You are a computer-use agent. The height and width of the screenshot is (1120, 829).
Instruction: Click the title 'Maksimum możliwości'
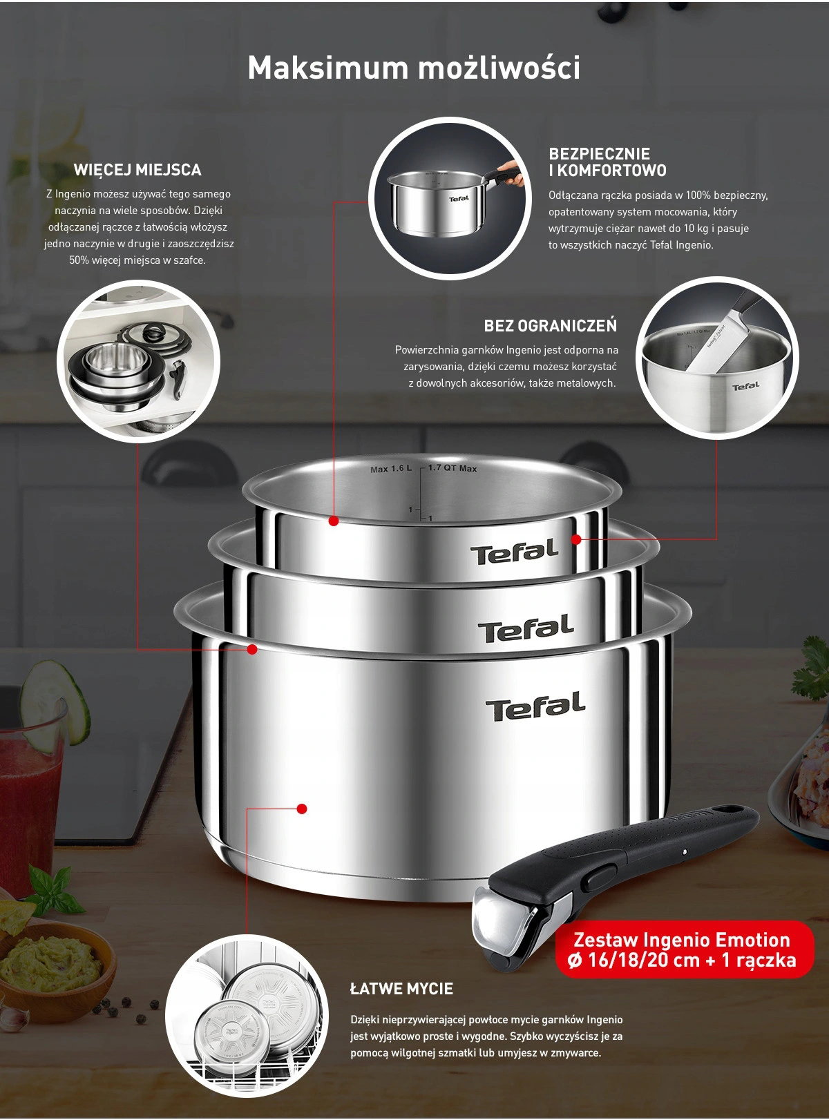tap(414, 68)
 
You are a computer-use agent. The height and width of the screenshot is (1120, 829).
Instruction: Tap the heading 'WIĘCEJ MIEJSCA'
tap(137, 170)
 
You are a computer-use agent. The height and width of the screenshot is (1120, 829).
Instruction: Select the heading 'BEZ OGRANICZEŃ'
tap(550, 326)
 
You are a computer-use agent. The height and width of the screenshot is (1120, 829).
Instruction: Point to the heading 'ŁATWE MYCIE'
tap(401, 988)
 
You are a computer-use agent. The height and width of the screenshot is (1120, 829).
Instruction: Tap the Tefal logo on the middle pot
tap(526, 628)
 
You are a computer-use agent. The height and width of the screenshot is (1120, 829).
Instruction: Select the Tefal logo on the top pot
tap(515, 552)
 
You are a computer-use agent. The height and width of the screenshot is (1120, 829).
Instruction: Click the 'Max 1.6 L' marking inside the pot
tap(391, 469)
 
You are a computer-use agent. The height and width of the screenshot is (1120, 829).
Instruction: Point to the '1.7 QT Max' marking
tap(452, 468)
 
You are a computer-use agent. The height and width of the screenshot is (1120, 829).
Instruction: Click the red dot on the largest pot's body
tap(302, 809)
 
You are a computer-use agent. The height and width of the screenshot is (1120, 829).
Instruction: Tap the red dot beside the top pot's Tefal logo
tap(576, 539)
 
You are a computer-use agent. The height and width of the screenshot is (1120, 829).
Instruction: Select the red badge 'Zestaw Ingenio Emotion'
tap(685, 949)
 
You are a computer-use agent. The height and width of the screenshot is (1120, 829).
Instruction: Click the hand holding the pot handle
tap(511, 173)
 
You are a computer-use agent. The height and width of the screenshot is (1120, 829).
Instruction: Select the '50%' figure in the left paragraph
tap(78, 260)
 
